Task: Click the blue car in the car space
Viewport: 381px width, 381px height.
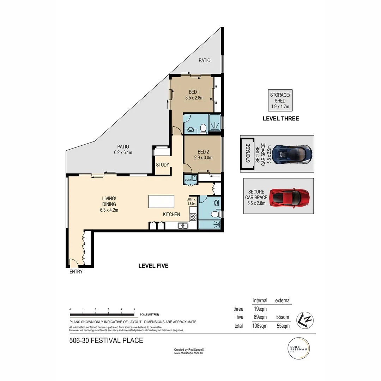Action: [292, 154]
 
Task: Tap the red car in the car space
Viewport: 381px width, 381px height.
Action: [289, 198]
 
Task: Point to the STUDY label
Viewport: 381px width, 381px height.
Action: [163, 165]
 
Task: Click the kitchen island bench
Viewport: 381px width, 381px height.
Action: [162, 201]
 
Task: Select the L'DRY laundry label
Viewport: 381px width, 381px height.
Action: [188, 180]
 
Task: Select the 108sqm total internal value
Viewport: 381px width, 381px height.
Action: [260, 326]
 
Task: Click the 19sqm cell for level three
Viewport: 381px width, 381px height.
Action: [260, 309]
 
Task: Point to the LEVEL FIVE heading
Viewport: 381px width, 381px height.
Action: [153, 266]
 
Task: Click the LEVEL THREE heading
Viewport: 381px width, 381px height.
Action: [280, 119]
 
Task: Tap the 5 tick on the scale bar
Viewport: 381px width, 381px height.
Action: [134, 309]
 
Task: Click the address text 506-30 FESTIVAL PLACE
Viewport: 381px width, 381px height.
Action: [106, 340]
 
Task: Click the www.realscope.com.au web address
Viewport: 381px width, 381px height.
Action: [189, 353]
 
